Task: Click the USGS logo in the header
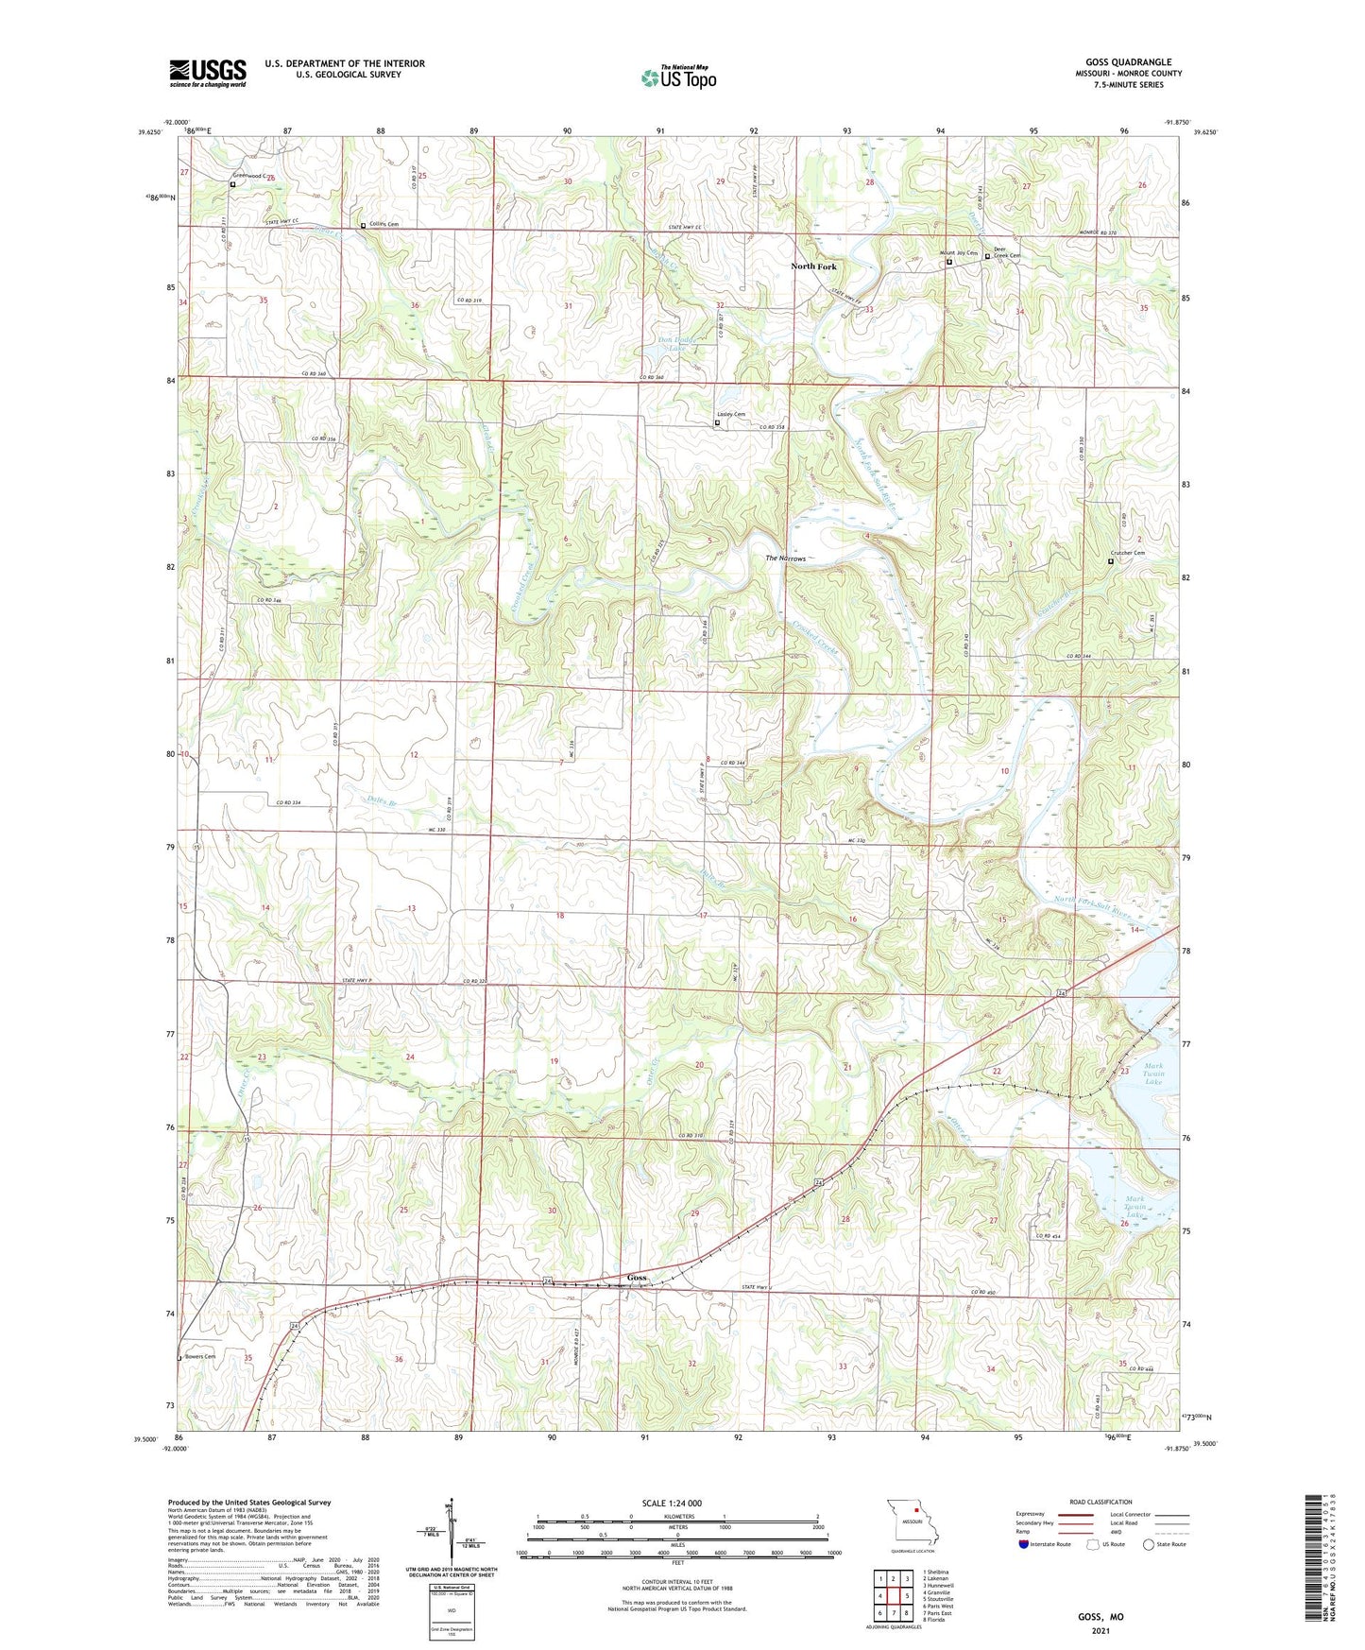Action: click(208, 72)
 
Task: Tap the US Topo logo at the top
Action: click(678, 77)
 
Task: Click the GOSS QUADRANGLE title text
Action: click(1128, 62)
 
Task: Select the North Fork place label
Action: click(813, 266)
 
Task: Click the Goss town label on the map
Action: click(638, 1278)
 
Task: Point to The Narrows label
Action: click(786, 559)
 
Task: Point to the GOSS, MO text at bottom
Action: click(1101, 1617)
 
